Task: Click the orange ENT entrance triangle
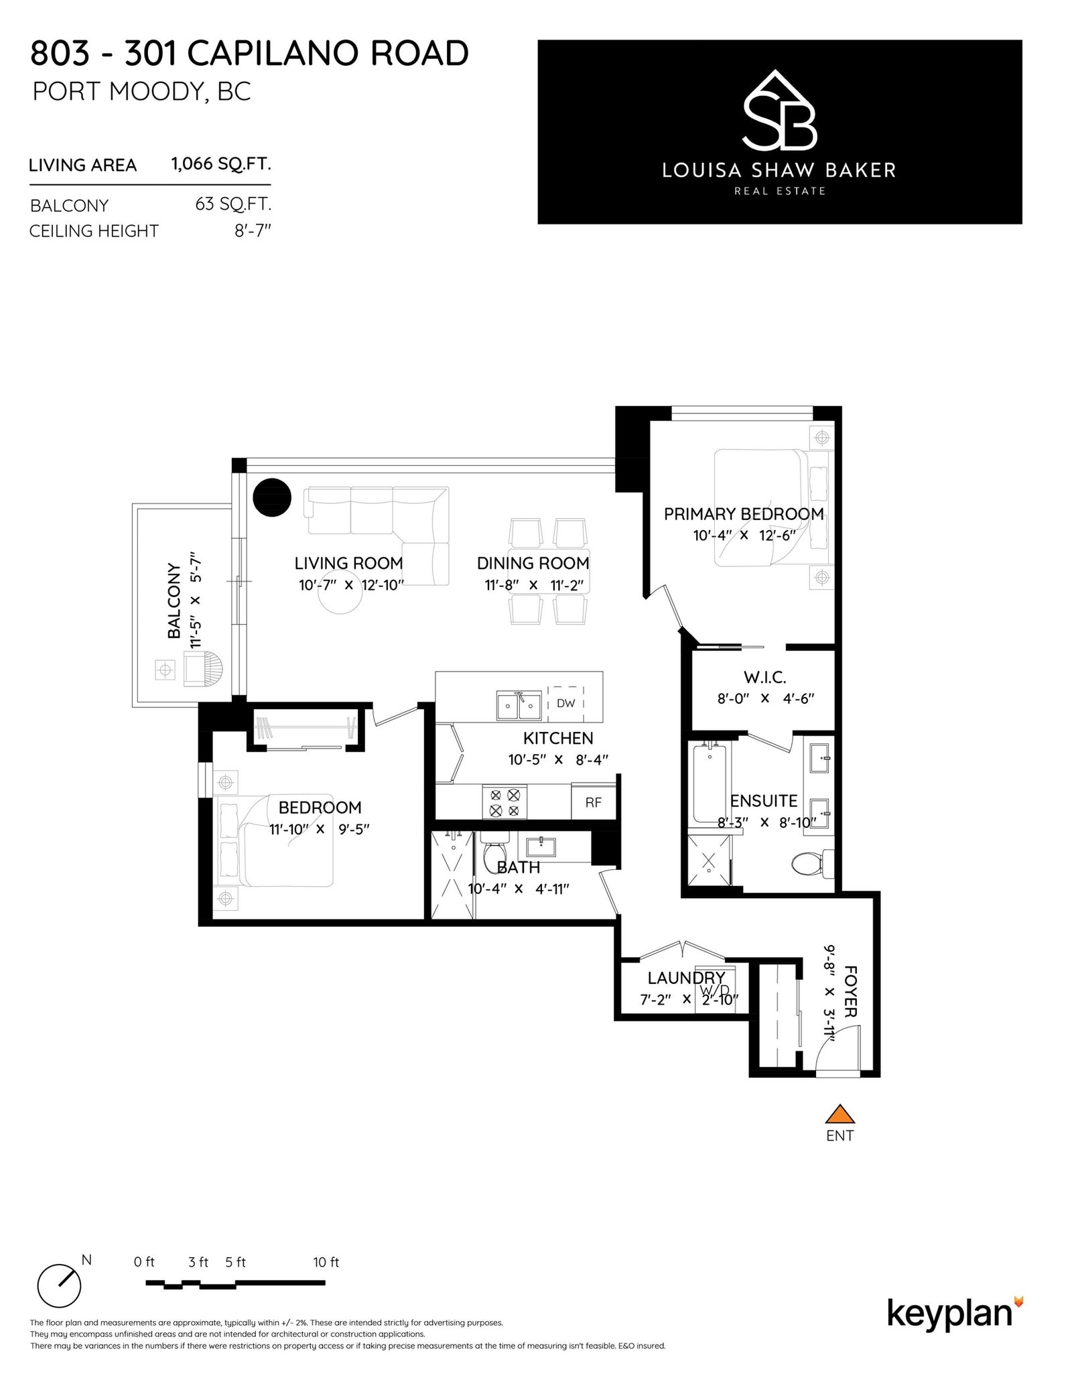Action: coord(840,1114)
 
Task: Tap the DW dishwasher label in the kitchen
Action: coord(565,703)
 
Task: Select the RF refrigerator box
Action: coord(593,802)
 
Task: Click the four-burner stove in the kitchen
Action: coord(505,802)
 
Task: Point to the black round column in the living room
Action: coord(272,497)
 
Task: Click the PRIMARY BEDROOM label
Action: coord(744,514)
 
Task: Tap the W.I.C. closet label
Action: coord(764,678)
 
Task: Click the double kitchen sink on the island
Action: coord(519,705)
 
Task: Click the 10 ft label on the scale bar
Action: coord(326,1262)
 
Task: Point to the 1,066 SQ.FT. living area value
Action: coord(221,164)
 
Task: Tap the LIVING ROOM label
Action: coord(349,563)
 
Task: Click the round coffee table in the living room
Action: coord(341,594)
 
